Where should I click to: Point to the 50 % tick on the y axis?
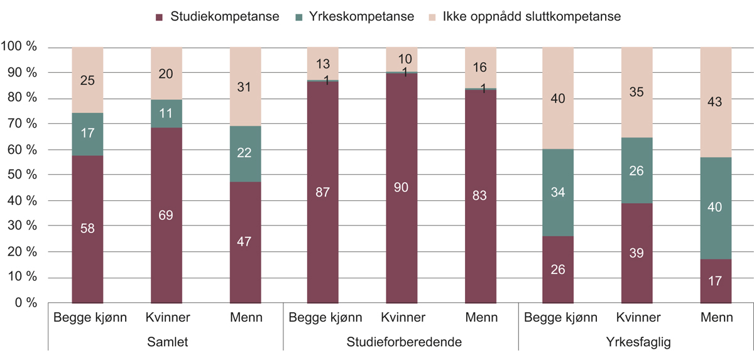(21, 175)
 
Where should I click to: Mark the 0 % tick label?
(25, 303)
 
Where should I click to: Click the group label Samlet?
(167, 342)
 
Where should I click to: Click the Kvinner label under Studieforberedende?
(402, 317)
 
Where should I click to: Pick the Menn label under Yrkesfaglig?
(717, 317)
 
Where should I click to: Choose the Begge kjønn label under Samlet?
(90, 317)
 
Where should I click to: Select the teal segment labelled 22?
(245, 154)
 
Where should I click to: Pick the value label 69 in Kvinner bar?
(166, 216)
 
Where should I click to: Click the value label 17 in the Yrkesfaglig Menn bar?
(716, 281)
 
